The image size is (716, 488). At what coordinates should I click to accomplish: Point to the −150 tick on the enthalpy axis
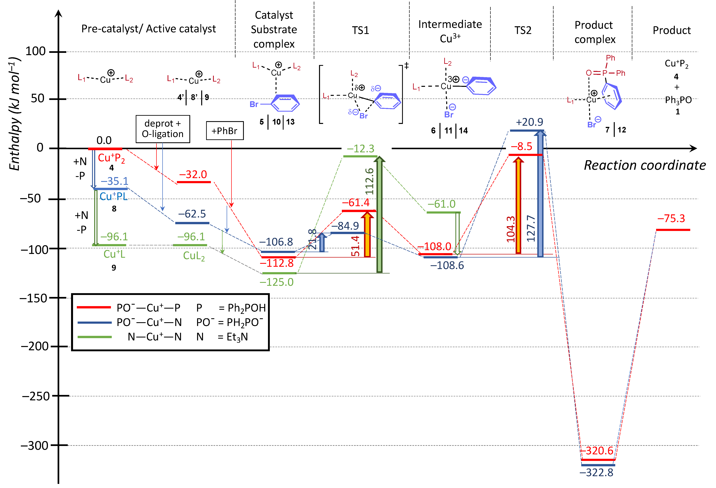pyautogui.click(x=33, y=298)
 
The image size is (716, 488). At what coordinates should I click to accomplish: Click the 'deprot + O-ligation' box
pyautogui.click(x=163, y=129)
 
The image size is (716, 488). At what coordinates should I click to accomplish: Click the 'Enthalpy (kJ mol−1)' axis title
pyautogui.click(x=14, y=113)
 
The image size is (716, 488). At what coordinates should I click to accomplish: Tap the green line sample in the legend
pyautogui.click(x=94, y=337)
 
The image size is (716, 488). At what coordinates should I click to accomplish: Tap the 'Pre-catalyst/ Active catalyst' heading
pyautogui.click(x=149, y=29)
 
